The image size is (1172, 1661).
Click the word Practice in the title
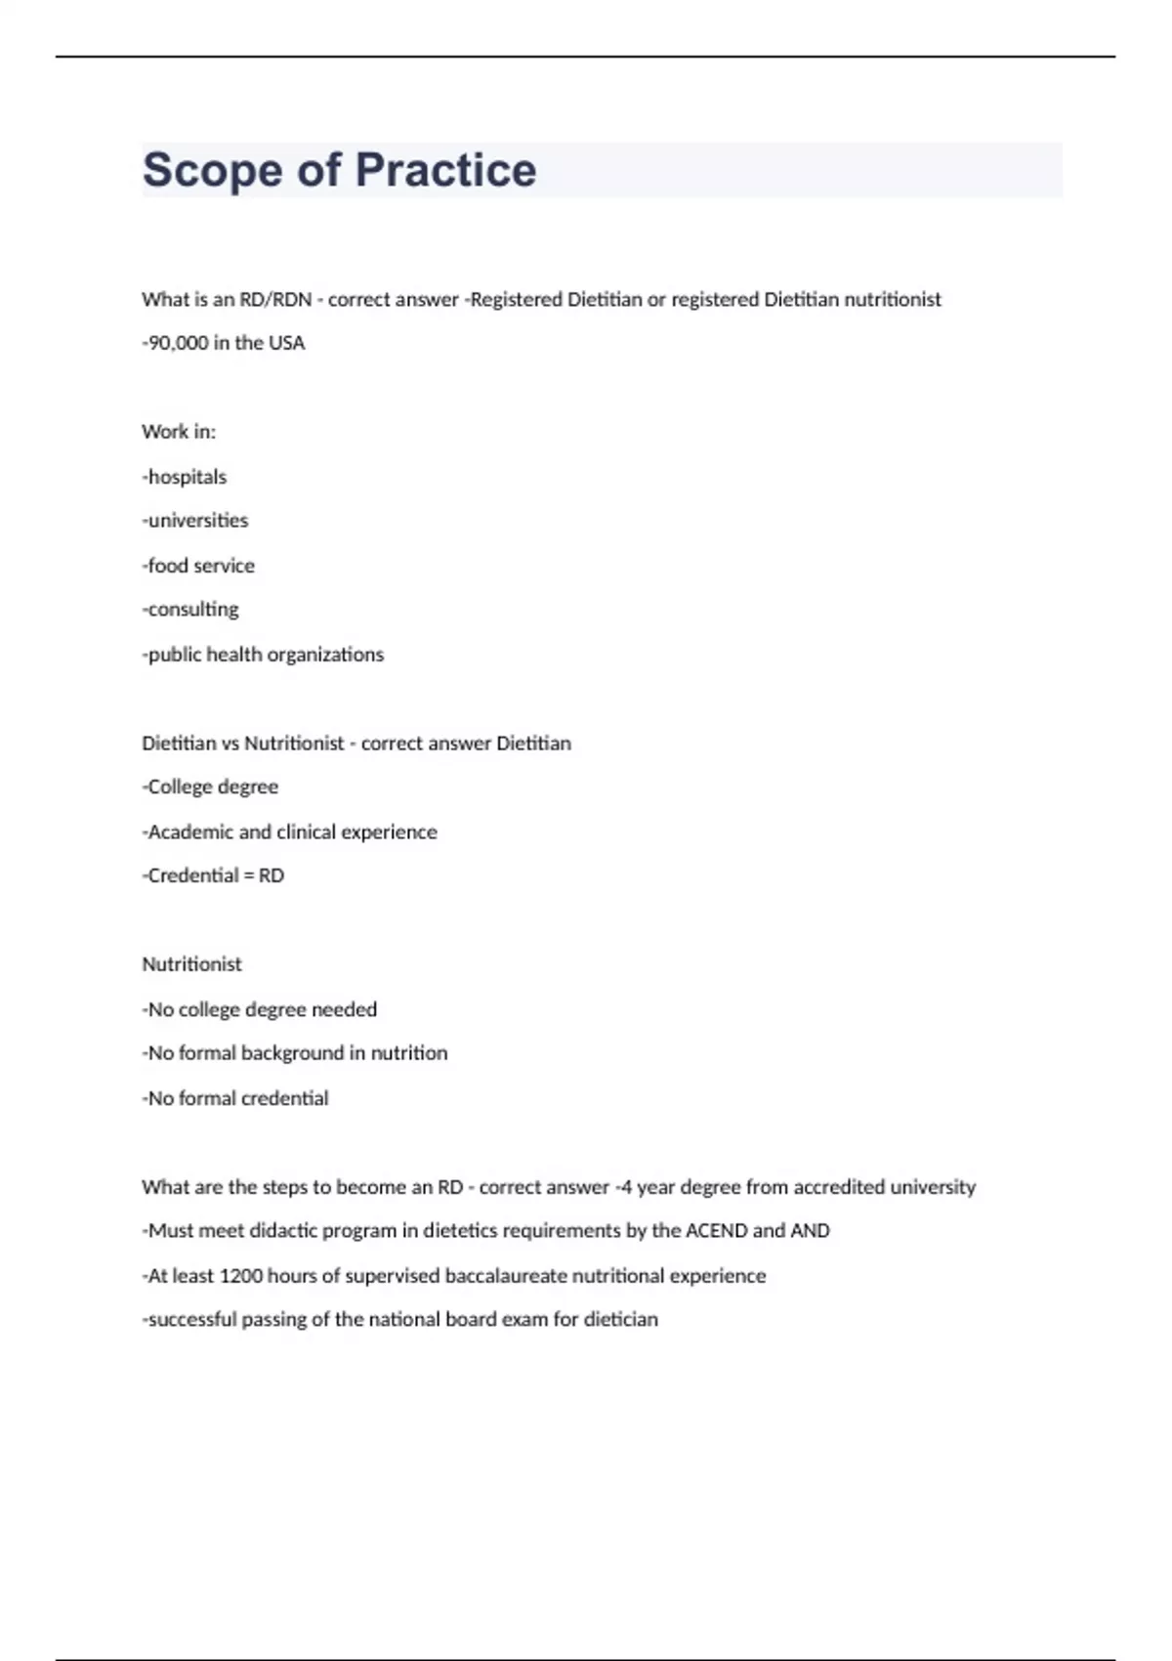pos(445,170)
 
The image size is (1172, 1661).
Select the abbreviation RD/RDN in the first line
pos(275,300)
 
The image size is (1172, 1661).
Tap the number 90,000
pos(178,343)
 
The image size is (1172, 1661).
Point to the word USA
pos(286,343)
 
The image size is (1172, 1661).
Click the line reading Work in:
pos(179,432)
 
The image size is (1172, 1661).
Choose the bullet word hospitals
pos(187,477)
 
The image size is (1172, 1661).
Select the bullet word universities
pos(197,521)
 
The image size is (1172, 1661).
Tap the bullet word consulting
pos(192,610)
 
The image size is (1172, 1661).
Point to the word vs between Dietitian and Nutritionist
pos(230,744)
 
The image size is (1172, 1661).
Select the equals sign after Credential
pos(248,876)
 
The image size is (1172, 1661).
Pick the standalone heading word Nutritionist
pos(191,964)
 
